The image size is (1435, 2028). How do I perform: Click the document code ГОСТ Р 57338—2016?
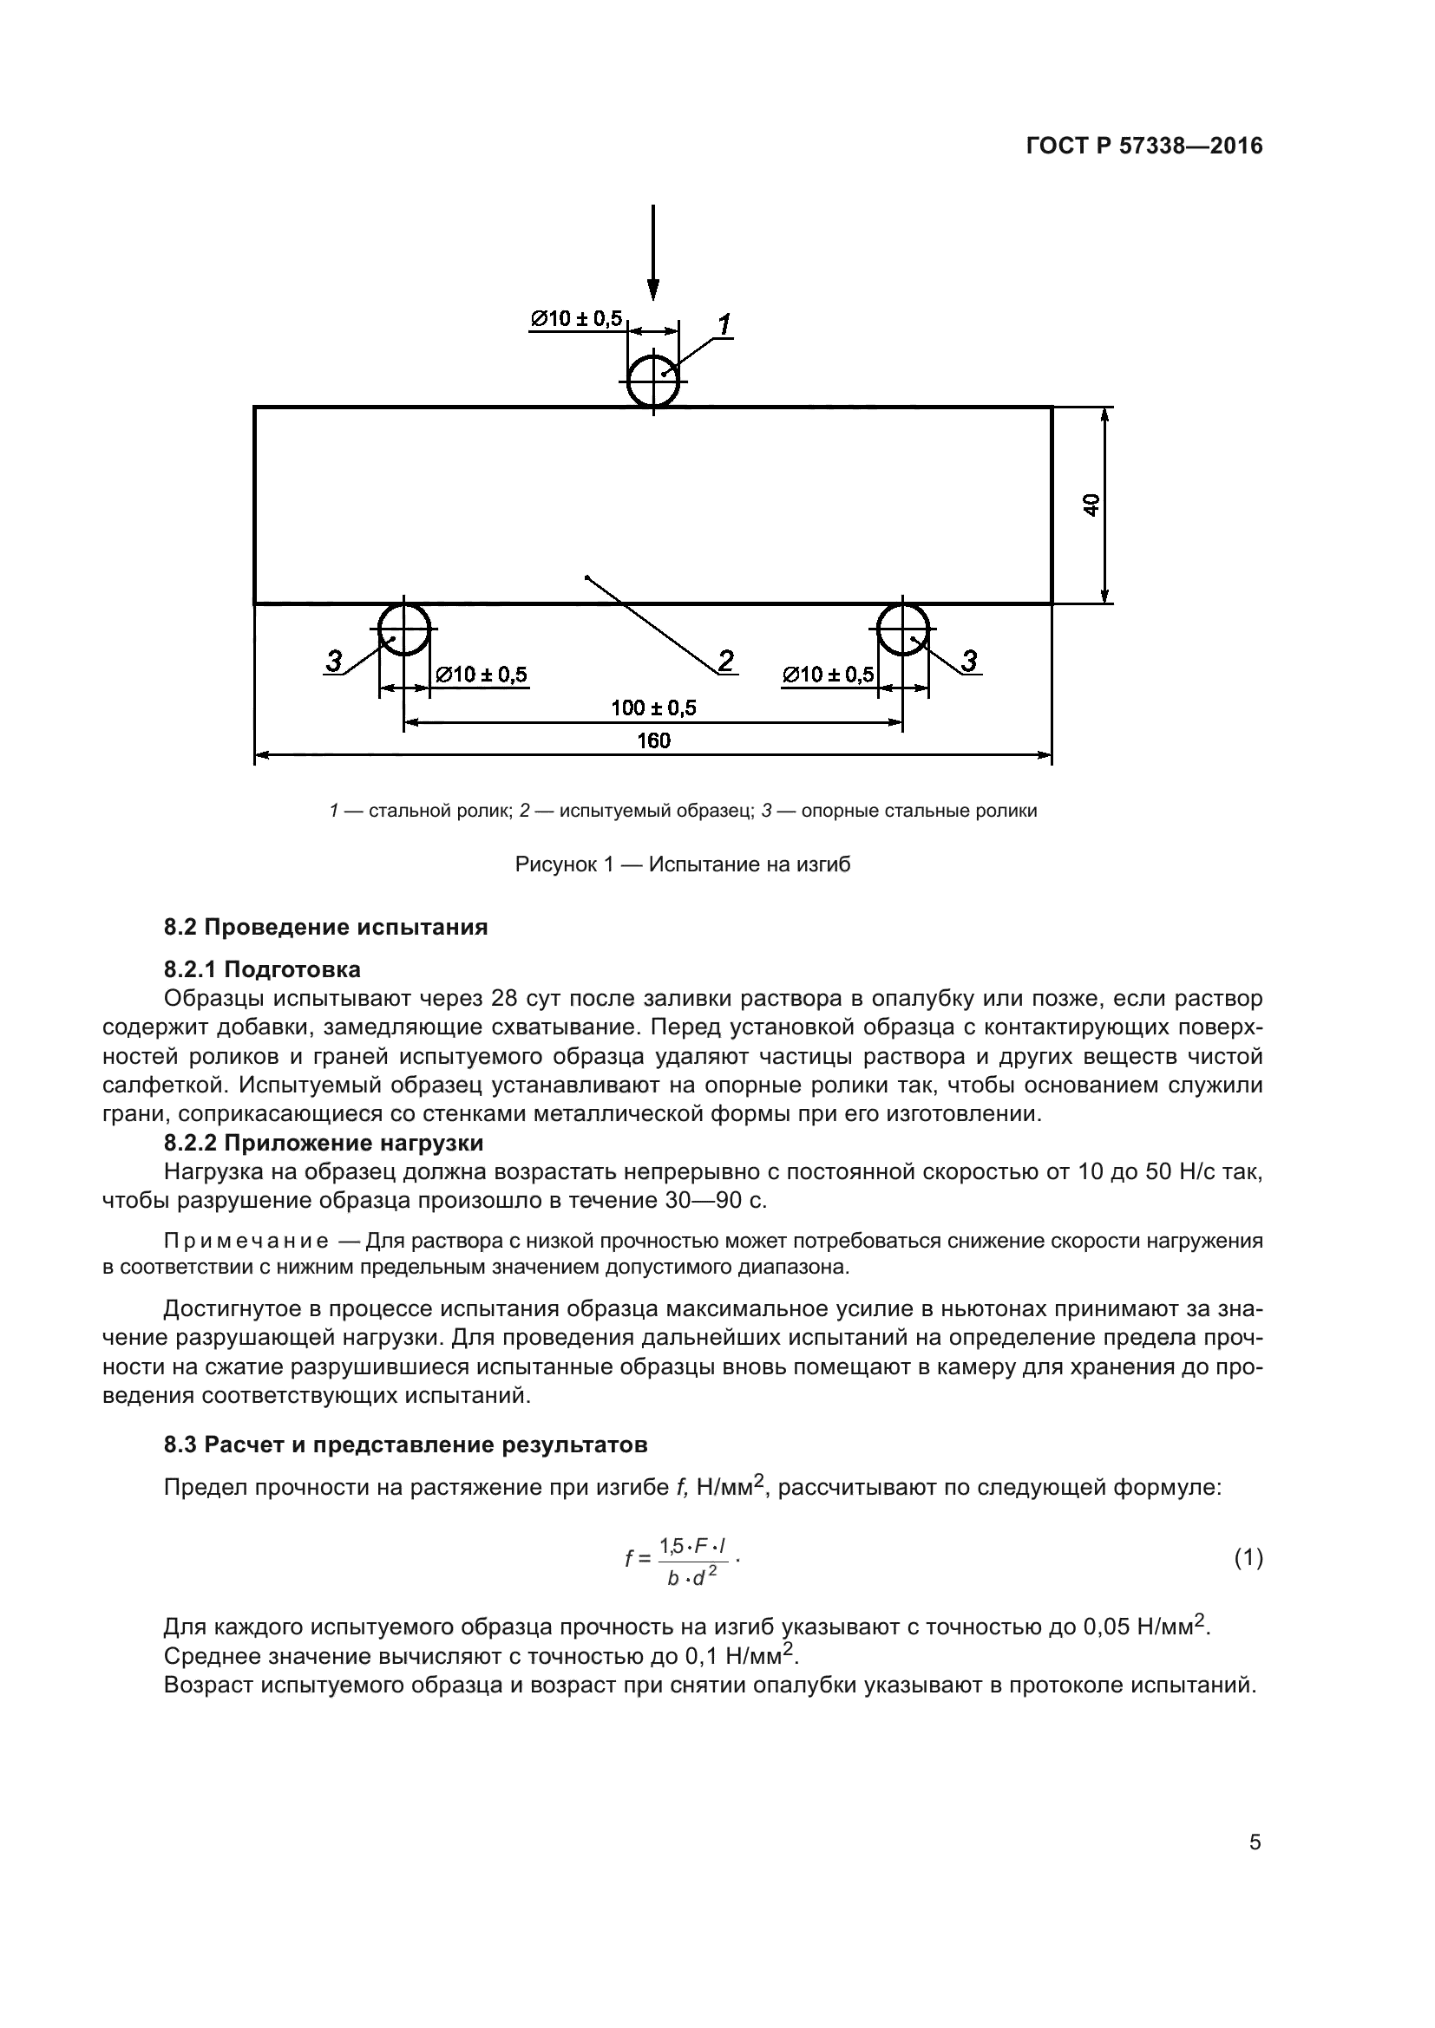point(1144,147)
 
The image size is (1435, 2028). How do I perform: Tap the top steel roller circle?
point(653,381)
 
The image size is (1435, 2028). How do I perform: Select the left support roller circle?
point(403,630)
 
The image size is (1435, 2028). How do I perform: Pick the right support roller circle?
point(902,630)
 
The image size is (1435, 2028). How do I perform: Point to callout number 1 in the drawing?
point(724,325)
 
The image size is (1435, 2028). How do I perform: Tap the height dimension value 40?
point(1092,505)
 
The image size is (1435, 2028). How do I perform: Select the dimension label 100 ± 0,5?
point(653,708)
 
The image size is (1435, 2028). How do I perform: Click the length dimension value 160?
point(653,740)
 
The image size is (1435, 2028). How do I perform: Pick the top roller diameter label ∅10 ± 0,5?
point(576,318)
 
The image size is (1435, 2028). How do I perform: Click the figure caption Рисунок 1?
point(682,864)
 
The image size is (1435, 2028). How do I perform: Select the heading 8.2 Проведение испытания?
point(325,928)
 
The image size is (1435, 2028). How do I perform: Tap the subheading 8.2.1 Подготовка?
point(261,970)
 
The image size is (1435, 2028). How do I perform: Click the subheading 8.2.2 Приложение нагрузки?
point(324,1143)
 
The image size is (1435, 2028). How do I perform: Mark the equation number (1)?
point(1248,1558)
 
